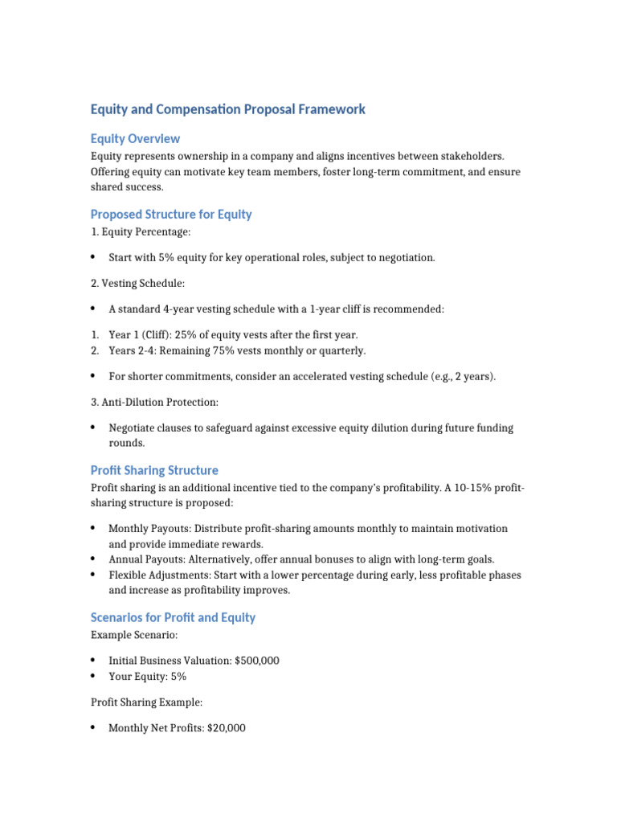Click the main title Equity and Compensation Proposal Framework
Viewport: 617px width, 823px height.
(x=227, y=109)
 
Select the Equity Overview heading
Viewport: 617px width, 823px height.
(x=135, y=139)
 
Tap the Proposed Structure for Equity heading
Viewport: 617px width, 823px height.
(x=171, y=215)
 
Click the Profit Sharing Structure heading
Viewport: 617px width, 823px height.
(x=154, y=470)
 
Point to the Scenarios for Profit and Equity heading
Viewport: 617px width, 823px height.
(x=173, y=617)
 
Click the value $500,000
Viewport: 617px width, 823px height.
(x=257, y=661)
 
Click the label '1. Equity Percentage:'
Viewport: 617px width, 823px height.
(x=141, y=232)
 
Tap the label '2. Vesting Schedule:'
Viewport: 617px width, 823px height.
(x=138, y=284)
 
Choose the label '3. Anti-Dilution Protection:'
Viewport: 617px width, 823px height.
(x=154, y=402)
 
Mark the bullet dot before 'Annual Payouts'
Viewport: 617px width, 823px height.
(x=93, y=559)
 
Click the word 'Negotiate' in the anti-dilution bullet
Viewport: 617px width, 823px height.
(x=132, y=428)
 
